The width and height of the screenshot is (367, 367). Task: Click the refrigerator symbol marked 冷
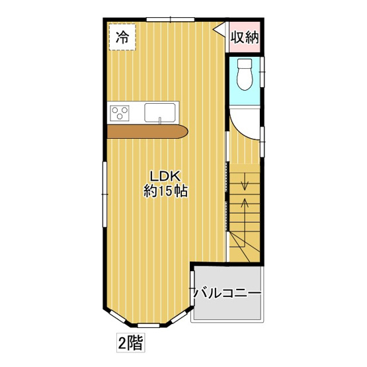pyautogui.click(x=122, y=37)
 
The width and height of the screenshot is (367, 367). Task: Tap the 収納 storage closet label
pyautogui.click(x=244, y=38)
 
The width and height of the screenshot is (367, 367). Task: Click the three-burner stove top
pyautogui.click(x=121, y=113)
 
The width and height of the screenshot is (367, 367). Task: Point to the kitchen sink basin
pyautogui.click(x=160, y=112)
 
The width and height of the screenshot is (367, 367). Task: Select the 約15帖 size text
pyautogui.click(x=165, y=192)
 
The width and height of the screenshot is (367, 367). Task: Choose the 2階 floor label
pyautogui.click(x=130, y=343)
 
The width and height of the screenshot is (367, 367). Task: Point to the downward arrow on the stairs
pyautogui.click(x=245, y=179)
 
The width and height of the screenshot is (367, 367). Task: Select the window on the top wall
pyautogui.click(x=165, y=19)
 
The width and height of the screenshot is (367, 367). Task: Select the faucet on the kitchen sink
pyautogui.click(x=160, y=120)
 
